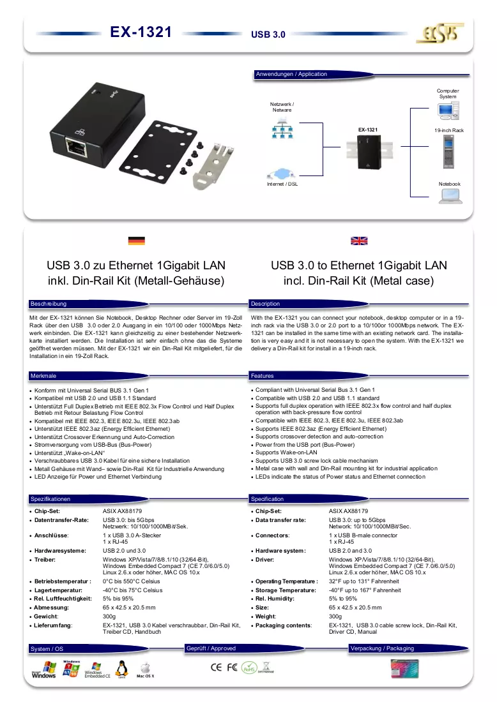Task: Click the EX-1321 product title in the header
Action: (141, 32)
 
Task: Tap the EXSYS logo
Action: (440, 33)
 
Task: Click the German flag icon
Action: (136, 241)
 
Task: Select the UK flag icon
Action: (359, 241)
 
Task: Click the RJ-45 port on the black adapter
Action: (76, 147)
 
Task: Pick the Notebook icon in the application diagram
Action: (450, 196)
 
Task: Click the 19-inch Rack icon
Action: (448, 151)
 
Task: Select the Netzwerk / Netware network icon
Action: (282, 128)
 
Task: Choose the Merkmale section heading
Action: (43, 376)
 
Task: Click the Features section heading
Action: (262, 376)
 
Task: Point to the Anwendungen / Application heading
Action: (291, 74)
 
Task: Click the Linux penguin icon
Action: (121, 669)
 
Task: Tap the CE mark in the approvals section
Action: (216, 667)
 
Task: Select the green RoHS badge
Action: (249, 668)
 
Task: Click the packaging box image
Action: (404, 669)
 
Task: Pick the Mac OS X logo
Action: (145, 670)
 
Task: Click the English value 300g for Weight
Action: (335, 616)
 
